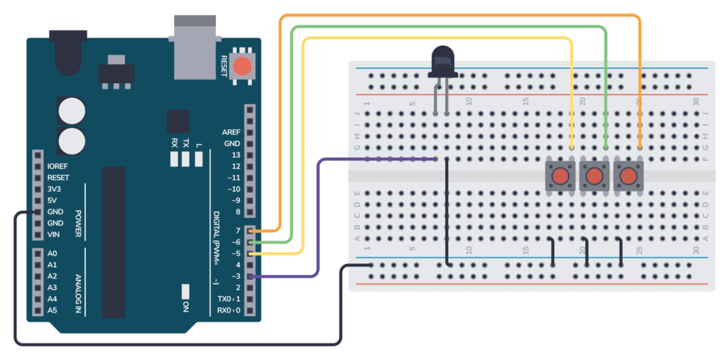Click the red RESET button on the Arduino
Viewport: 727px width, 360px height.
point(242,67)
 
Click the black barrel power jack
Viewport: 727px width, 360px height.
point(67,52)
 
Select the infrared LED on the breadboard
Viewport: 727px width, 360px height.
point(442,60)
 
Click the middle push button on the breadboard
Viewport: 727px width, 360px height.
point(594,175)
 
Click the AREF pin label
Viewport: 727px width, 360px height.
point(231,132)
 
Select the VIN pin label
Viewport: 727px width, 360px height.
point(54,234)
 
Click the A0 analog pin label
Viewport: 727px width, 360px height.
point(53,253)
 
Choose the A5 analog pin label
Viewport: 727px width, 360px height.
point(53,310)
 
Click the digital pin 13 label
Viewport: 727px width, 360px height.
point(236,155)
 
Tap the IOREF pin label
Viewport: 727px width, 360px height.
point(58,166)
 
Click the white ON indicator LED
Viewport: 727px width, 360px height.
point(185,291)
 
